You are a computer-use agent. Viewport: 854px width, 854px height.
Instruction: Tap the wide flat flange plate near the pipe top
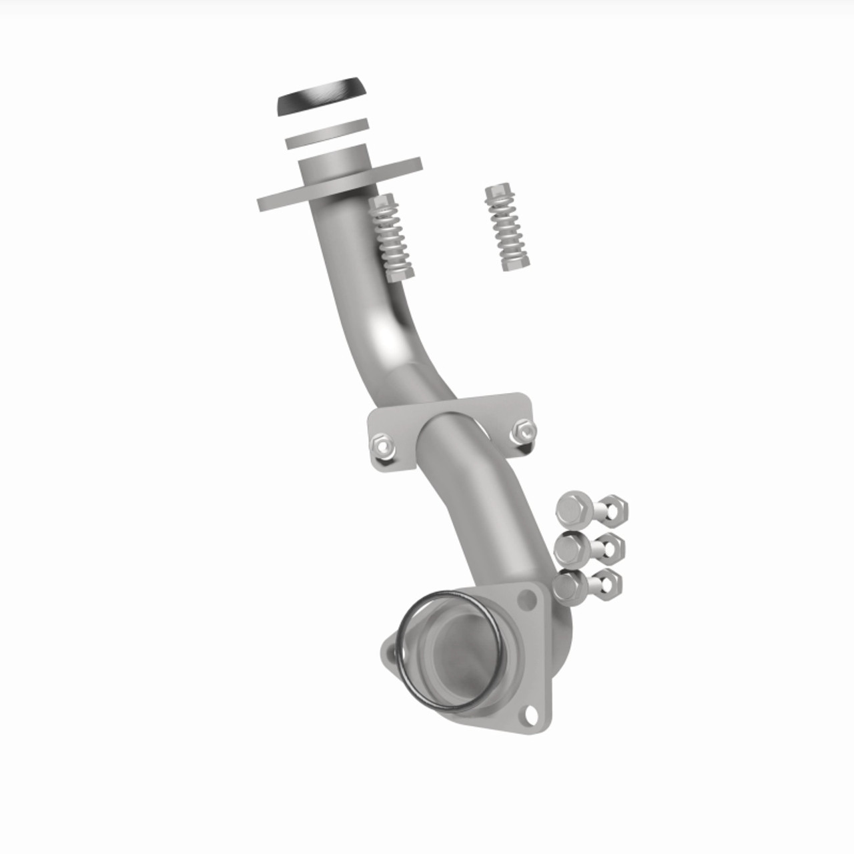click(x=280, y=196)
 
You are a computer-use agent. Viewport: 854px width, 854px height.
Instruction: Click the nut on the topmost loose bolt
click(x=612, y=510)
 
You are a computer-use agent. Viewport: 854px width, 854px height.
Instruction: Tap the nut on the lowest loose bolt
click(x=607, y=582)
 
